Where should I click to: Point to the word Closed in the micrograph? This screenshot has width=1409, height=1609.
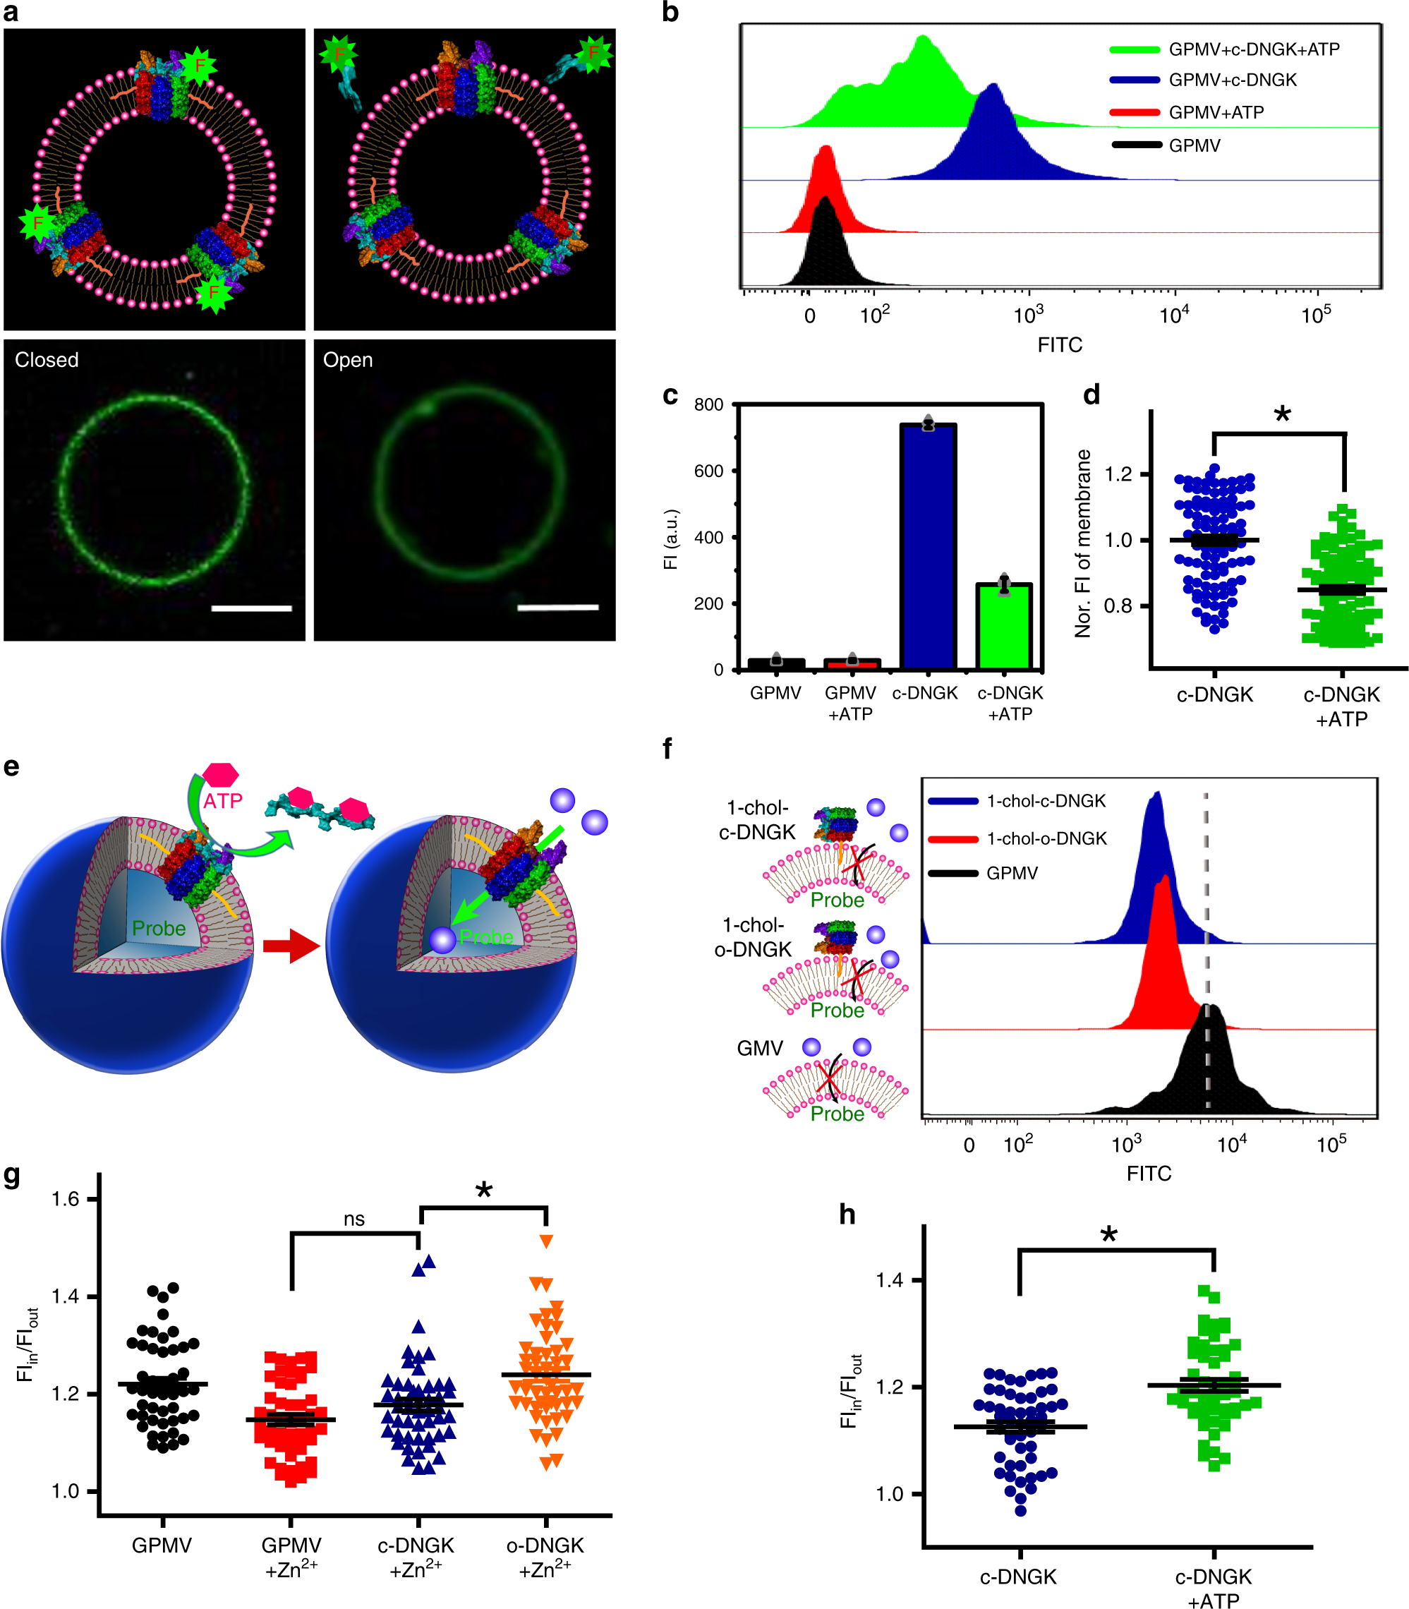[47, 359]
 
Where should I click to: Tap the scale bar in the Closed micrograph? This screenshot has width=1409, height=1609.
[252, 608]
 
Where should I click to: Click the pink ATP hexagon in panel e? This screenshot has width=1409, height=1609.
[221, 775]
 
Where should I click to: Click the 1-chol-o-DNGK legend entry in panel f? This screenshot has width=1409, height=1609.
[1046, 838]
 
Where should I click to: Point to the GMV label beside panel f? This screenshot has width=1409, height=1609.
[760, 1048]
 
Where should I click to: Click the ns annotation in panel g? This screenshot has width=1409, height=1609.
[353, 1219]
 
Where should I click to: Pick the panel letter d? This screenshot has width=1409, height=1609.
[1091, 394]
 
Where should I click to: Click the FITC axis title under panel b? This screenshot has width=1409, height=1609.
[1059, 344]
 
